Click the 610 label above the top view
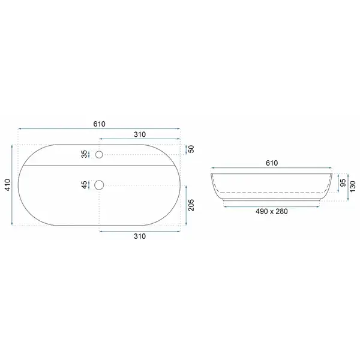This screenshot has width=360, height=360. point(99,124)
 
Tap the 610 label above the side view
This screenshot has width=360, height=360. point(272,163)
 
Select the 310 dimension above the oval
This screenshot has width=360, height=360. point(140,134)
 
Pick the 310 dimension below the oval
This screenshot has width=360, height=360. point(140,236)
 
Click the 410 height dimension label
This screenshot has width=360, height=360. point(8,185)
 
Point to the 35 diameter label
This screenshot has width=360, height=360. point(85,154)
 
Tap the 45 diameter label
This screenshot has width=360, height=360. point(85,185)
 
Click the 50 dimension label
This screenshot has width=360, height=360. point(191,149)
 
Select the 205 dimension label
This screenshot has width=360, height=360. point(191,205)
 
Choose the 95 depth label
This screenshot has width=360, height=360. point(343,183)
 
